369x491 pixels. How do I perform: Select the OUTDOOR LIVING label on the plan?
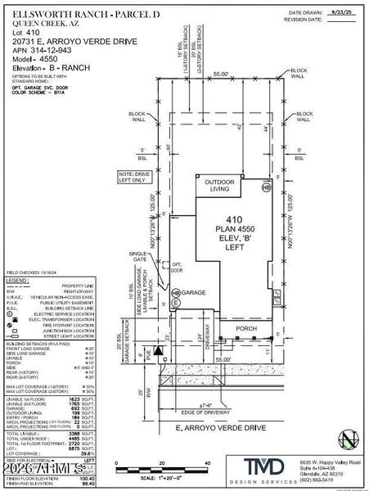219,186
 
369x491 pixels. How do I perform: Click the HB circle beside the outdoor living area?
266,187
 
